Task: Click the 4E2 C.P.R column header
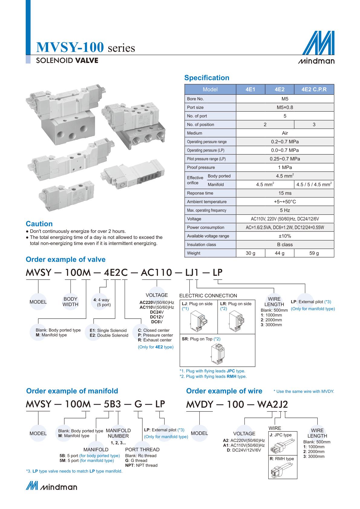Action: (x=314, y=90)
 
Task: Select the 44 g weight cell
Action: (x=279, y=253)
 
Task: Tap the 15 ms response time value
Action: (x=285, y=193)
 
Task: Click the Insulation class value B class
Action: (x=285, y=245)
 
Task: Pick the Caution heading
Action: (x=39, y=224)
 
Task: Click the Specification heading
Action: (x=207, y=78)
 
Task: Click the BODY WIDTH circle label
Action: (x=70, y=302)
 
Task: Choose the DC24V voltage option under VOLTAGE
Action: (x=157, y=312)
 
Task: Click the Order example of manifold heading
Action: (x=72, y=391)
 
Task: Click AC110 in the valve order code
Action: (x=156, y=273)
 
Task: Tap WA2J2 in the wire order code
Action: (x=272, y=404)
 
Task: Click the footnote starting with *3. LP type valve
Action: (x=74, y=471)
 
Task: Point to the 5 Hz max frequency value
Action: (x=285, y=210)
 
